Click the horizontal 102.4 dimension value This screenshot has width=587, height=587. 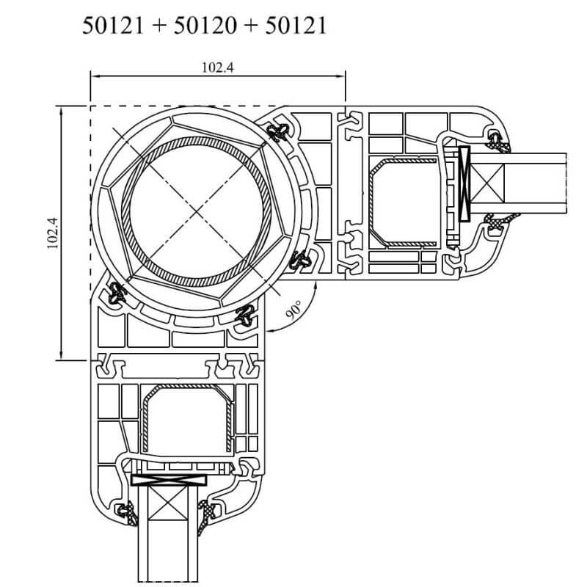pyautogui.click(x=216, y=67)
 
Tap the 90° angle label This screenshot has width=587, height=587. pyautogui.click(x=294, y=313)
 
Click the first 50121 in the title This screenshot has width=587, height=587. pyautogui.click(x=116, y=26)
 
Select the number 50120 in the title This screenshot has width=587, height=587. pyautogui.click(x=206, y=26)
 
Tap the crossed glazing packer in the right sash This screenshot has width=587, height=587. pyautogui.click(x=464, y=183)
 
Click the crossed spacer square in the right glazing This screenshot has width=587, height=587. pyautogui.click(x=490, y=183)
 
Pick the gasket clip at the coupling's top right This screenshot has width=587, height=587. pyautogui.click(x=279, y=132)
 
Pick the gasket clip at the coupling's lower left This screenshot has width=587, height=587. pyautogui.click(x=115, y=295)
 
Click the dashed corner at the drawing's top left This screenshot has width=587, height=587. pyautogui.click(x=91, y=106)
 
